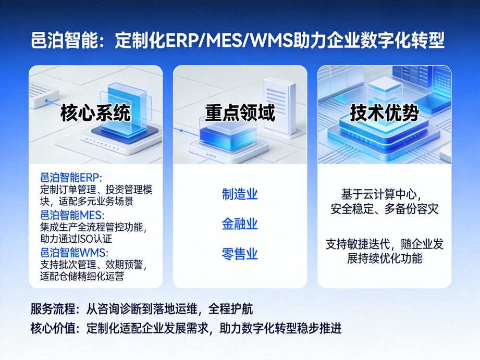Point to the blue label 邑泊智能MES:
point(72,215)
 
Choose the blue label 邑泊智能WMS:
point(74,253)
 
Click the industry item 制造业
point(240,195)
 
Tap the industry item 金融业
point(240,225)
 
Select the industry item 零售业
point(240,255)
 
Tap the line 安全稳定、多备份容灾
point(385,209)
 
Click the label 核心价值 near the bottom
point(52,329)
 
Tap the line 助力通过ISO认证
point(76,239)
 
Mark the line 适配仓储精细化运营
point(82,277)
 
